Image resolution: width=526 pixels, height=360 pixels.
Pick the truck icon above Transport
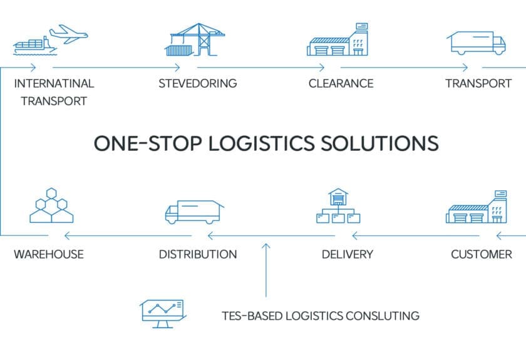click(x=476, y=43)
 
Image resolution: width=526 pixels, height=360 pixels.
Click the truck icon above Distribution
click(x=193, y=211)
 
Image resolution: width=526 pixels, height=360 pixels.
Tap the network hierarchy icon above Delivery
click(x=338, y=206)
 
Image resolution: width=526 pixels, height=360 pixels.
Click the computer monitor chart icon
click(x=162, y=312)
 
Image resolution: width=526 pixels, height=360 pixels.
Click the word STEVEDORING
click(x=197, y=83)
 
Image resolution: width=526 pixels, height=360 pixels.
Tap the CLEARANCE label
click(x=341, y=83)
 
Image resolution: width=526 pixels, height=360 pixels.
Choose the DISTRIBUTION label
click(x=197, y=254)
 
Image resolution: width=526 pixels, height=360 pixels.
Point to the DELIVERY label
click(x=347, y=254)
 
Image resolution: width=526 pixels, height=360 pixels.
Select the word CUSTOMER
click(x=482, y=254)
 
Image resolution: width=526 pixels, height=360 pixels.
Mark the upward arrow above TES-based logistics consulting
click(x=266, y=269)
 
